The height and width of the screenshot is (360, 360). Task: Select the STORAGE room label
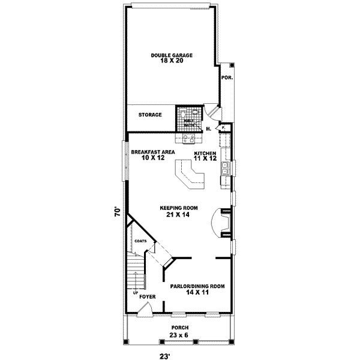pyautogui.click(x=150, y=115)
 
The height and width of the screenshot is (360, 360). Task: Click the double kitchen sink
pyautogui.click(x=225, y=170)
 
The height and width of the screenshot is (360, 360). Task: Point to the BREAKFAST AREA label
pyautogui.click(x=153, y=152)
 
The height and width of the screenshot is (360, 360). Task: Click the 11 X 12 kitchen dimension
pyautogui.click(x=205, y=158)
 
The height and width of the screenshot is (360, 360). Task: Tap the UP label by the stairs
pyautogui.click(x=135, y=293)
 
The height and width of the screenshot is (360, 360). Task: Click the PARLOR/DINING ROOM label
pyautogui.click(x=197, y=286)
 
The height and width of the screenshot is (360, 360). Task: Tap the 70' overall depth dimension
pyautogui.click(x=119, y=212)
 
